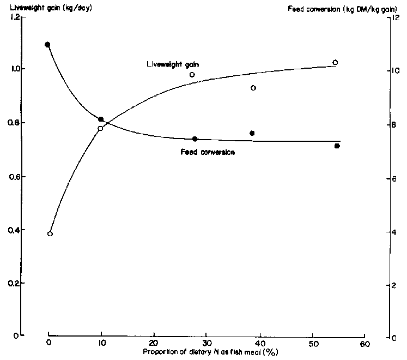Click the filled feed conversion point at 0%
[47, 45]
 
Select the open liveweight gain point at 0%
[50, 233]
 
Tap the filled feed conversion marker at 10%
[101, 119]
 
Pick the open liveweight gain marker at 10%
[100, 129]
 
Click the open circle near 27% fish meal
[192, 75]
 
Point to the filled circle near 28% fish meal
[195, 139]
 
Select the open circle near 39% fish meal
[253, 88]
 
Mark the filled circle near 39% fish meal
[252, 133]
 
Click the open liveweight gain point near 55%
[335, 62]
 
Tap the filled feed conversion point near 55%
[337, 146]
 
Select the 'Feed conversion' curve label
[208, 152]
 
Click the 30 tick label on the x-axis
[206, 344]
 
